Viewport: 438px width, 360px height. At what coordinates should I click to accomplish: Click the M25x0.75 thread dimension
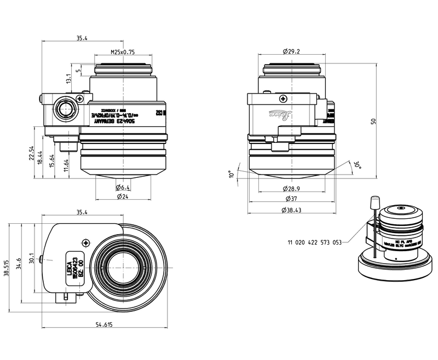tap(123, 53)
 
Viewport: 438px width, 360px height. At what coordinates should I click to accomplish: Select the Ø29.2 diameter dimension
tap(291, 51)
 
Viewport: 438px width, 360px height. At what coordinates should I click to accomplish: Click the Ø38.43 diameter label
tap(291, 211)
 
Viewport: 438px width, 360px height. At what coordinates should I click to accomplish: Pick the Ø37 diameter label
tap(290, 199)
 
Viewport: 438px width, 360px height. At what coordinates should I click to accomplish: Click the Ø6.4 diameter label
tap(122, 187)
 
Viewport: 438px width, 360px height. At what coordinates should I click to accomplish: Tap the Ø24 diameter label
tap(122, 196)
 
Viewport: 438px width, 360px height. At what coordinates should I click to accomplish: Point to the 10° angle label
tap(232, 175)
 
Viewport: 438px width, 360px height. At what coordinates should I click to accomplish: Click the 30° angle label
tap(356, 164)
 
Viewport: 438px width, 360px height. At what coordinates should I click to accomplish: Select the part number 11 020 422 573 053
tap(314, 241)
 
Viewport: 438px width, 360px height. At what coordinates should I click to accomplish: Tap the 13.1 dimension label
tap(69, 78)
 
